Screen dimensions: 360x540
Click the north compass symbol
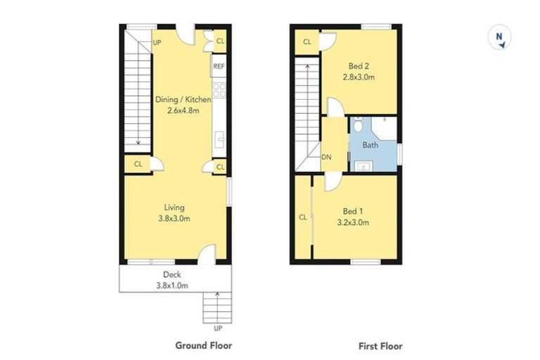tap(500, 37)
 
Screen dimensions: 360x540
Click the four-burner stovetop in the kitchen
tap(219, 90)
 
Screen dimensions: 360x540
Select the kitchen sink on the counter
tap(219, 137)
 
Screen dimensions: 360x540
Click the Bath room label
tap(370, 145)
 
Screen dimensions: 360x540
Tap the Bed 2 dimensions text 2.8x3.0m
tap(358, 77)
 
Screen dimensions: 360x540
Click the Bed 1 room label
tap(353, 212)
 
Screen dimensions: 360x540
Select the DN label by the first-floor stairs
tap(326, 157)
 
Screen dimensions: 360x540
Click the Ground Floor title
tap(203, 345)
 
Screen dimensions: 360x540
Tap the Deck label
tap(173, 274)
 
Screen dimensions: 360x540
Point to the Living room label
tap(174, 207)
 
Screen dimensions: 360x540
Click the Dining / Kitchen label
tap(183, 100)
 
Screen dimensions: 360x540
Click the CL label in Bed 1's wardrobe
tap(303, 217)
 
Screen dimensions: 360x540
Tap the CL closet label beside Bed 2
tap(307, 42)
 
